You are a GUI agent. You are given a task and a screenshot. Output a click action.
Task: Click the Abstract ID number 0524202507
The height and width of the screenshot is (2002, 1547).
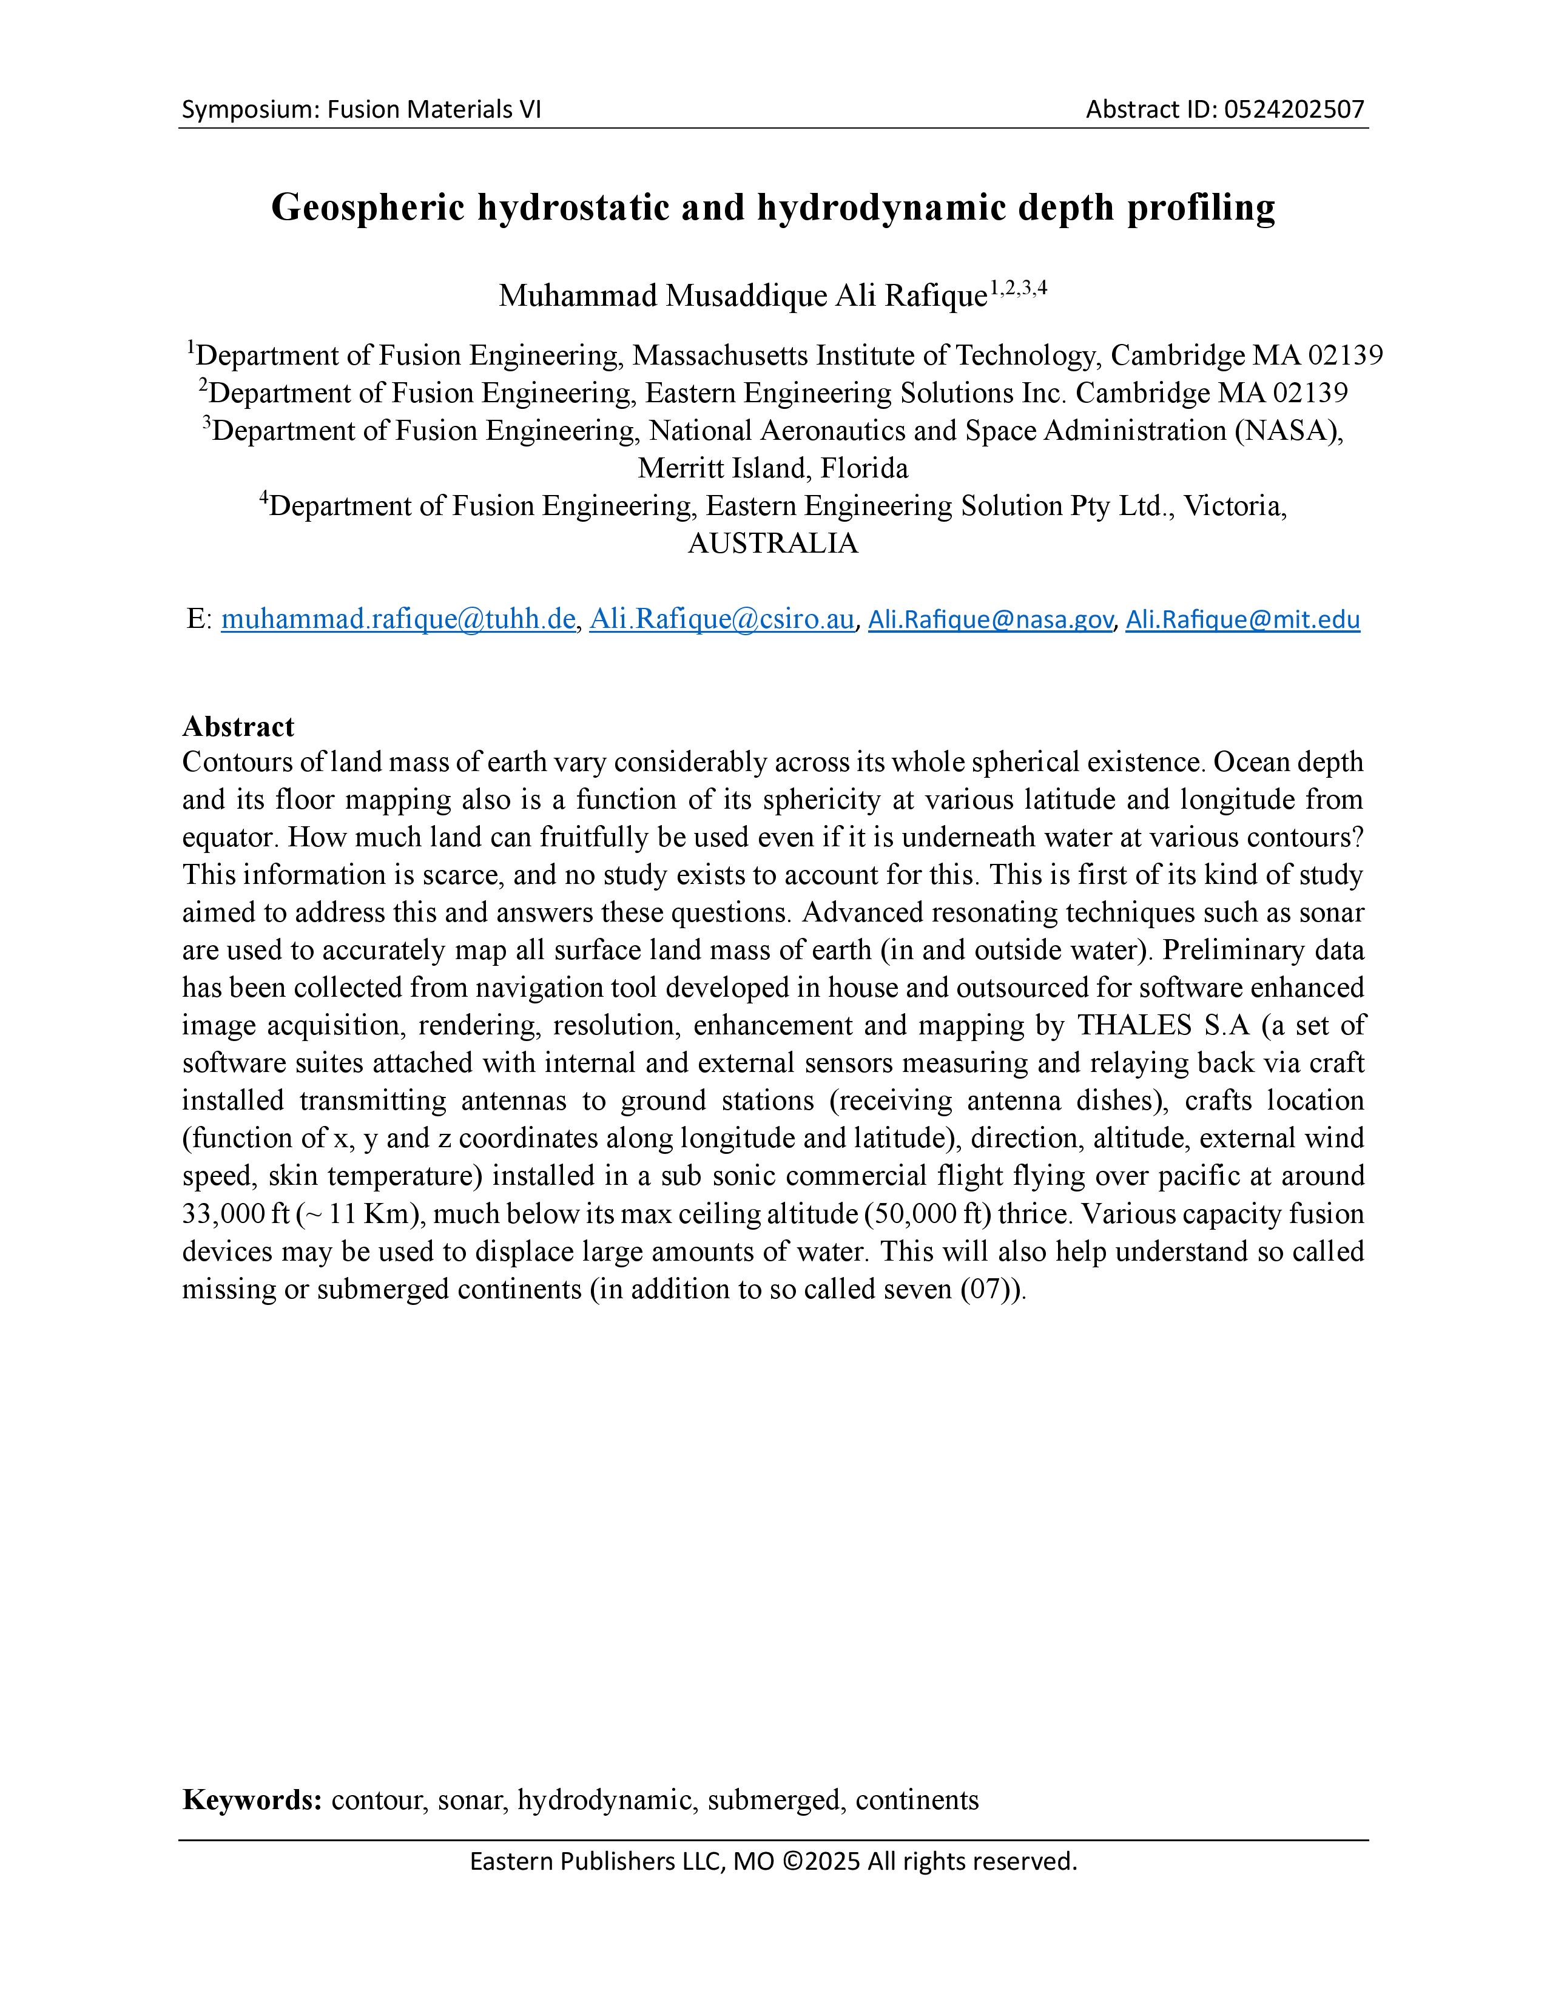1294,110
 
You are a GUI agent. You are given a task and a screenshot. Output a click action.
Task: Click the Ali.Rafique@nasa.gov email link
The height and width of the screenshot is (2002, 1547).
990,621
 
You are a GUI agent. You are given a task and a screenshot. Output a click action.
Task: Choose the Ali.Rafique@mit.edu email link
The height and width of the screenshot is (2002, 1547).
1242,621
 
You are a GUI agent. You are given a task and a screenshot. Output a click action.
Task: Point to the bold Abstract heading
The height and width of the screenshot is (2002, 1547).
238,727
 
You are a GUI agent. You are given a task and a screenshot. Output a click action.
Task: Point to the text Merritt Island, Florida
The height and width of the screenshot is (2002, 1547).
772,468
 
